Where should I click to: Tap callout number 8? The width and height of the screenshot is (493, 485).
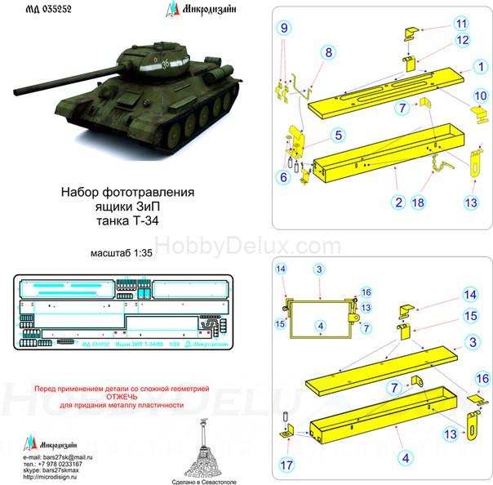(x=329, y=52)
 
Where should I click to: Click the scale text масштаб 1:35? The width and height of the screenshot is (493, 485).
(x=122, y=254)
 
